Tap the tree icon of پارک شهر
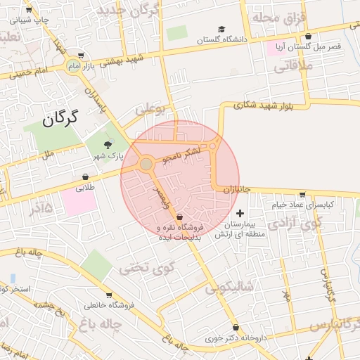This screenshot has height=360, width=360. pos(108,144)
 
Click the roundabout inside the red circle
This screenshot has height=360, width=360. pos(146,165)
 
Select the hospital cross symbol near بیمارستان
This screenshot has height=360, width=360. pos(240,212)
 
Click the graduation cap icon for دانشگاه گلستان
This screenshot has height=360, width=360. pos(221,30)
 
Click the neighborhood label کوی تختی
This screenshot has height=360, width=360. pos(140,266)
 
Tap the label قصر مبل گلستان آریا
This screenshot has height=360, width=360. pos(312,45)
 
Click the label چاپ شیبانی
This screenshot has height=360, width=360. pos(27,20)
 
